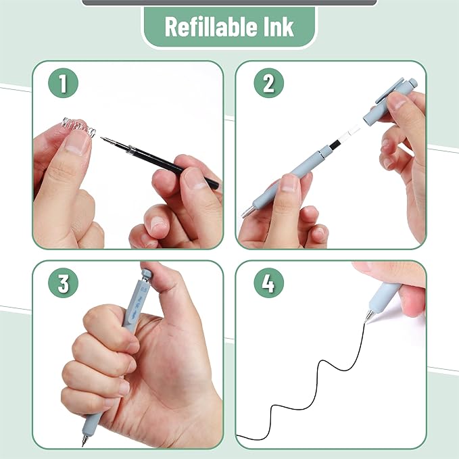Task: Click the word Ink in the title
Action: point(277,27)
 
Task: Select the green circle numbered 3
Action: point(63,284)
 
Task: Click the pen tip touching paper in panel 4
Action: point(368,316)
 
